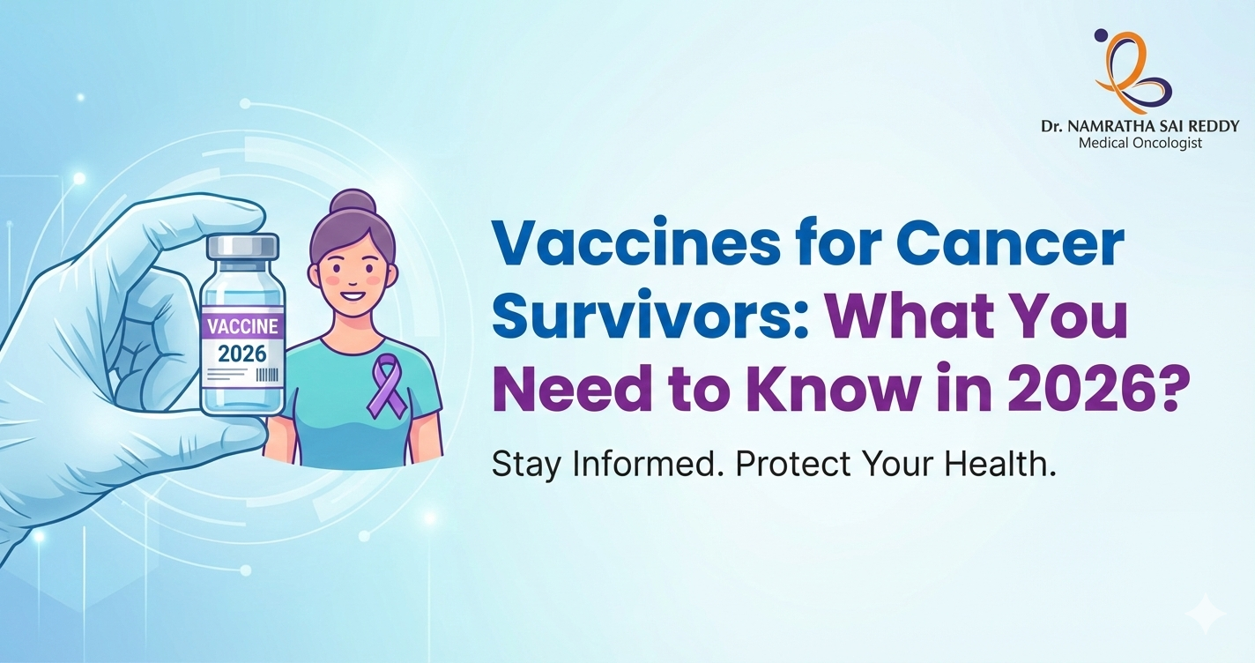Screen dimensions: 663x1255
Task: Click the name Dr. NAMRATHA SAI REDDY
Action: point(1140,127)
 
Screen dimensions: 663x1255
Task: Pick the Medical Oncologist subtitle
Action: point(1140,143)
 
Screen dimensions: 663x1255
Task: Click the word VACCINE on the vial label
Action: point(242,326)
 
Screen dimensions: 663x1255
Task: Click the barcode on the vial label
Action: point(268,374)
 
